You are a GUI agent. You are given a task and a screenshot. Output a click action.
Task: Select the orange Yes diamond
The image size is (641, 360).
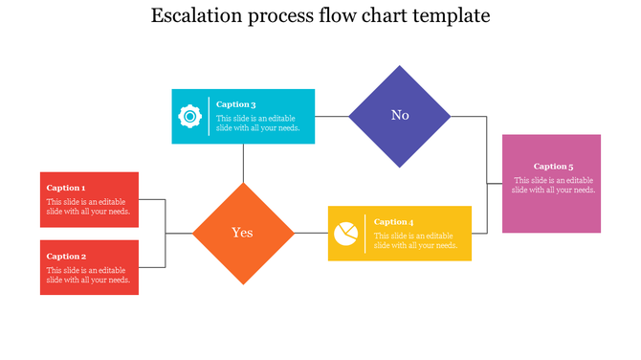point(243,233)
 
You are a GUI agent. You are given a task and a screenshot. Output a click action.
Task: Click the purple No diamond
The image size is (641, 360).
point(400,116)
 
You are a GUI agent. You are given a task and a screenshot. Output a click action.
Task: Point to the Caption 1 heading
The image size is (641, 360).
point(66,188)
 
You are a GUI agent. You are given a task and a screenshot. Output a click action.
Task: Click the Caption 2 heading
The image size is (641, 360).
point(66,256)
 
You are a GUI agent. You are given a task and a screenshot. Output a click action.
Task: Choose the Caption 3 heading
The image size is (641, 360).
point(235,104)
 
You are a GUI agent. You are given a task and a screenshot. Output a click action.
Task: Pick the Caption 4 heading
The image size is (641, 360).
point(394,222)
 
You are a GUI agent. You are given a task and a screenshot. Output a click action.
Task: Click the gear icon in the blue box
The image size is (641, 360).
point(190,117)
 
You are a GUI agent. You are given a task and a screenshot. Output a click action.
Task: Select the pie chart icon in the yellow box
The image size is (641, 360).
point(346,234)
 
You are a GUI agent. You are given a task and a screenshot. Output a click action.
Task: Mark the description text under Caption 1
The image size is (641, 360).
point(88,207)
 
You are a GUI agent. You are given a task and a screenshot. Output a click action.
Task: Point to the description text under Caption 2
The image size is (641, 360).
point(88,275)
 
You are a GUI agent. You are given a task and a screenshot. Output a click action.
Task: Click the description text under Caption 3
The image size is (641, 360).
point(258,123)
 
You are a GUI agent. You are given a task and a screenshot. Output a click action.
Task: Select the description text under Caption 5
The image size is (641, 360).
point(554,185)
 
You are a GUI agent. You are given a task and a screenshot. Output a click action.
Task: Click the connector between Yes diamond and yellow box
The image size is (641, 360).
point(311,233)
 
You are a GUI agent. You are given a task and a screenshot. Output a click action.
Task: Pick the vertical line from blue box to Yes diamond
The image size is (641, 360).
point(243,163)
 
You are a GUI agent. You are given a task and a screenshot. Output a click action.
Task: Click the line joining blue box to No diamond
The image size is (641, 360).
point(332,116)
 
